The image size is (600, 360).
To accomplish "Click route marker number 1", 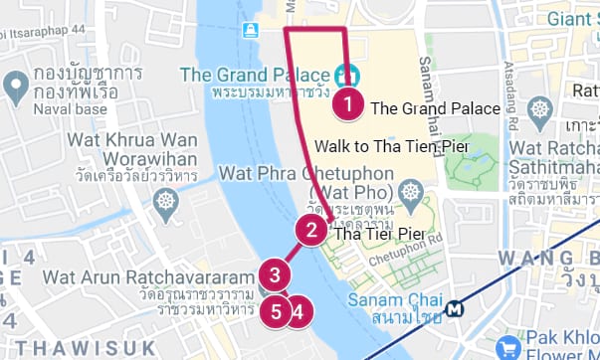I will coord(347,101).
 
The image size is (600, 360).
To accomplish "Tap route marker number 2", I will coord(311,232).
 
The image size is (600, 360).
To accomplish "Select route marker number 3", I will coord(274,273).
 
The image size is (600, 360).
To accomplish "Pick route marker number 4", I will coord(299,310).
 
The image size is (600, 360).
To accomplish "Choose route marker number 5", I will coord(277,310).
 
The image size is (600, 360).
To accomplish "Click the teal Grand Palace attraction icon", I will coord(347,75).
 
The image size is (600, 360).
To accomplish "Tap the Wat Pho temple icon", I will coord(408,189).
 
